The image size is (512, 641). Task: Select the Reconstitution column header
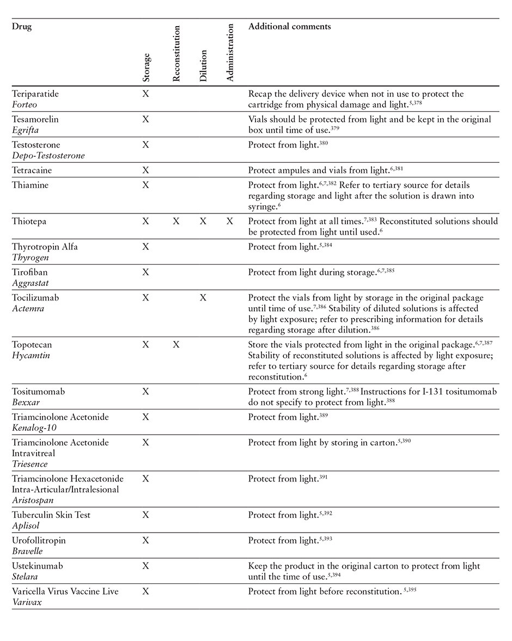(x=176, y=53)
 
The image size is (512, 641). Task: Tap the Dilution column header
(x=203, y=66)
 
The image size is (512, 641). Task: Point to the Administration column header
(x=230, y=52)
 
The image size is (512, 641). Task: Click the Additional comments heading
(x=289, y=26)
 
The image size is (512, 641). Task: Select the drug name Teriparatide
(x=35, y=94)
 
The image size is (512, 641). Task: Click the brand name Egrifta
(x=25, y=130)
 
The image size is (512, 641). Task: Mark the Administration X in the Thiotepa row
(x=230, y=221)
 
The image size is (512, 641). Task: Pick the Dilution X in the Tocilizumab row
(x=203, y=298)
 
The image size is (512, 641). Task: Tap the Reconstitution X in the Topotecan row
(x=176, y=345)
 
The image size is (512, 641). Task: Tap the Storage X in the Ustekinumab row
(x=145, y=566)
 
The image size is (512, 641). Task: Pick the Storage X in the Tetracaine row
(x=145, y=170)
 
